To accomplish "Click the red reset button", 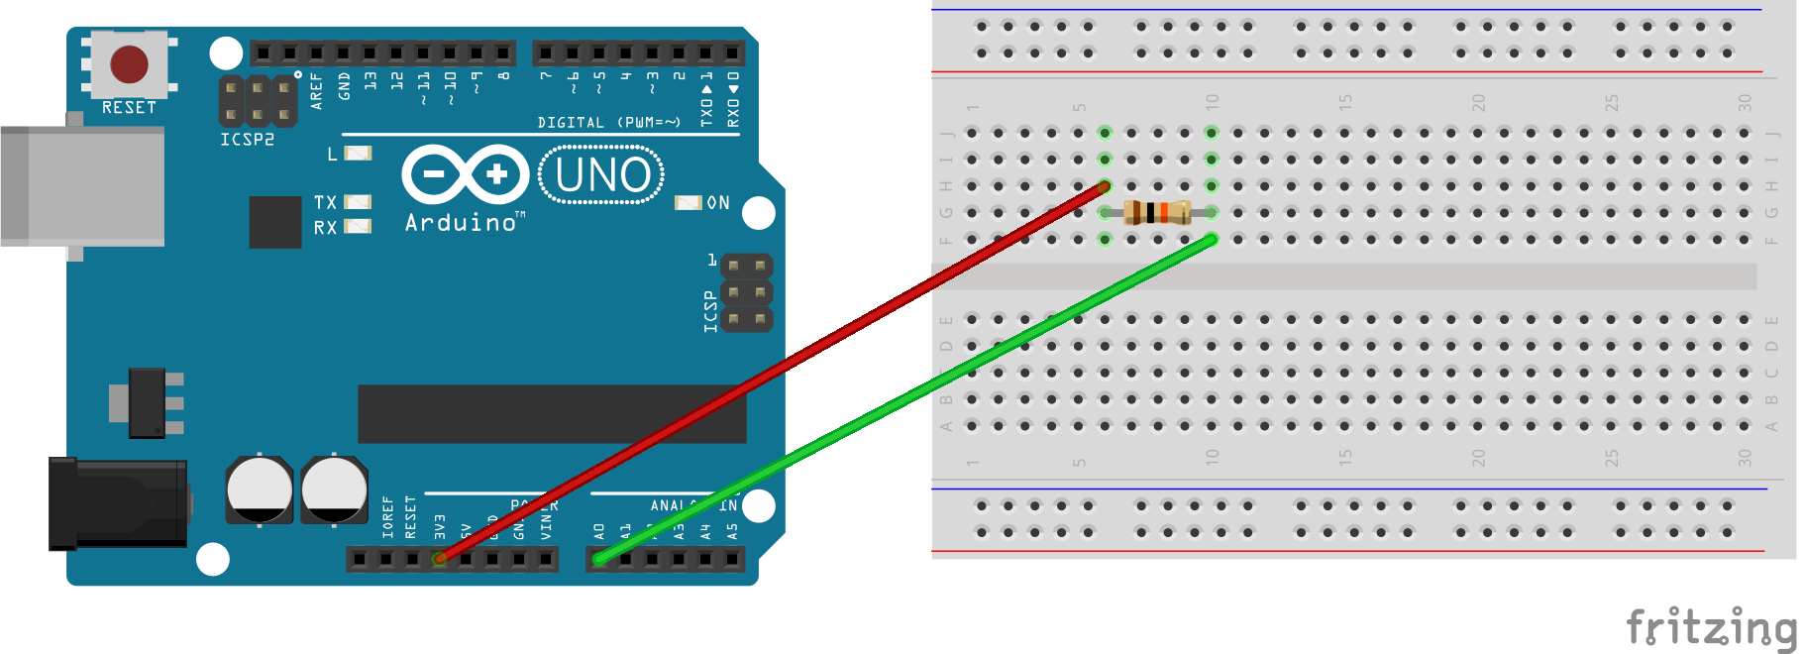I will point(129,64).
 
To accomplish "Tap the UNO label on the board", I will point(602,175).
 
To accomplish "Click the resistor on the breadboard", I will point(1156,212).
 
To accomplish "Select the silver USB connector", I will point(83,185).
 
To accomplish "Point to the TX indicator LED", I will point(358,202).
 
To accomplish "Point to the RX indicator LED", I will point(358,227).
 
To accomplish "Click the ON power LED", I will point(688,202).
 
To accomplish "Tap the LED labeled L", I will point(358,154).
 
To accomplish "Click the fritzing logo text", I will point(1712,627).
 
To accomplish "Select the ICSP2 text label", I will point(247,140).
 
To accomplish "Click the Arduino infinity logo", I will point(465,175).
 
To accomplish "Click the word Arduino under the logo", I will point(462,223).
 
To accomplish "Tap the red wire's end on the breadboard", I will point(1104,185).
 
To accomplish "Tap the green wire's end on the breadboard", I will point(1211,239).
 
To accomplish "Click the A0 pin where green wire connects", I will point(598,560).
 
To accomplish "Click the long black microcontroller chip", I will point(552,413).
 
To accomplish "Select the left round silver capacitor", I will point(259,490).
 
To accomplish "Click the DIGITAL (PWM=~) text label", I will point(608,123).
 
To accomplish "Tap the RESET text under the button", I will point(129,107).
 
